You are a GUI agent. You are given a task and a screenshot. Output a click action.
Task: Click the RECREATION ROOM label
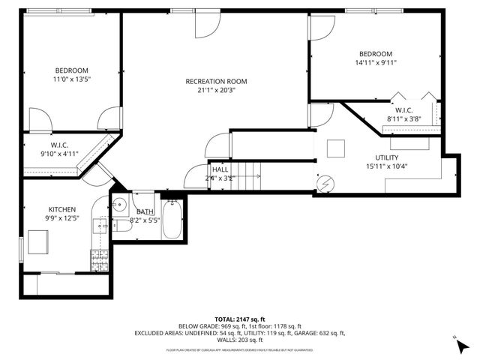pyautogui.click(x=216, y=81)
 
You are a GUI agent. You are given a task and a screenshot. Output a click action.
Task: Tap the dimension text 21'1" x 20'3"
pyautogui.click(x=216, y=91)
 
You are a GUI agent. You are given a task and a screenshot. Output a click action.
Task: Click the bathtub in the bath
pyautogui.click(x=172, y=219)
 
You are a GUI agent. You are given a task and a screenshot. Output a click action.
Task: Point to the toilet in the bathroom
pyautogui.click(x=120, y=226)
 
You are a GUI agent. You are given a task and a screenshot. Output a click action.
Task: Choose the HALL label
pyautogui.click(x=220, y=170)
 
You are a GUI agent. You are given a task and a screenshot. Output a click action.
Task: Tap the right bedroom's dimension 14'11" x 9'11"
pyautogui.click(x=375, y=63)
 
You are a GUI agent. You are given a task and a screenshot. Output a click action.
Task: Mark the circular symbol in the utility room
pyautogui.click(x=325, y=182)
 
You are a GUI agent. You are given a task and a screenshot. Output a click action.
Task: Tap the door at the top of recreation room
pyautogui.click(x=207, y=25)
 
